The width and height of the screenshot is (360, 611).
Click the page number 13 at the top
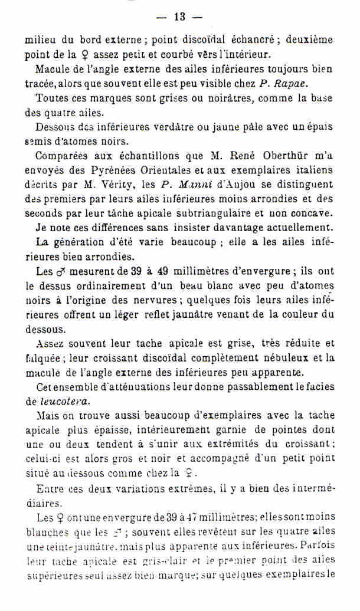[179, 17]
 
